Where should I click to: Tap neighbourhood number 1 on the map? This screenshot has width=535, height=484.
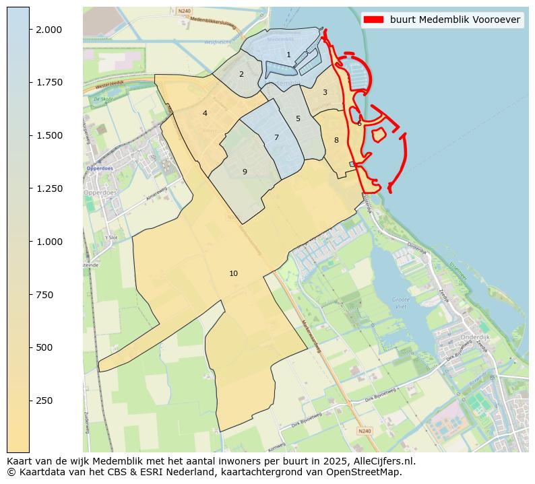pyautogui.click(x=288, y=55)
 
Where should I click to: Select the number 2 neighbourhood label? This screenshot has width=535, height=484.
pyautogui.click(x=241, y=74)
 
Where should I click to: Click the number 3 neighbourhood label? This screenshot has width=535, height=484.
pyautogui.click(x=325, y=92)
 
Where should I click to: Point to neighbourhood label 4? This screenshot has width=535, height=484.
pyautogui.click(x=205, y=113)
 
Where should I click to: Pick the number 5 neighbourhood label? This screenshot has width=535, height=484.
pyautogui.click(x=298, y=118)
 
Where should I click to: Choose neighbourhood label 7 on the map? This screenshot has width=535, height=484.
pyautogui.click(x=276, y=137)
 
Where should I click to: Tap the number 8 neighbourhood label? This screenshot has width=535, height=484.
pyautogui.click(x=336, y=140)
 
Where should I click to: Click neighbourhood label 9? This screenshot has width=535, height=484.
pyautogui.click(x=245, y=172)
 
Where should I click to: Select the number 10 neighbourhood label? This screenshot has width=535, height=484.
pyautogui.click(x=233, y=273)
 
